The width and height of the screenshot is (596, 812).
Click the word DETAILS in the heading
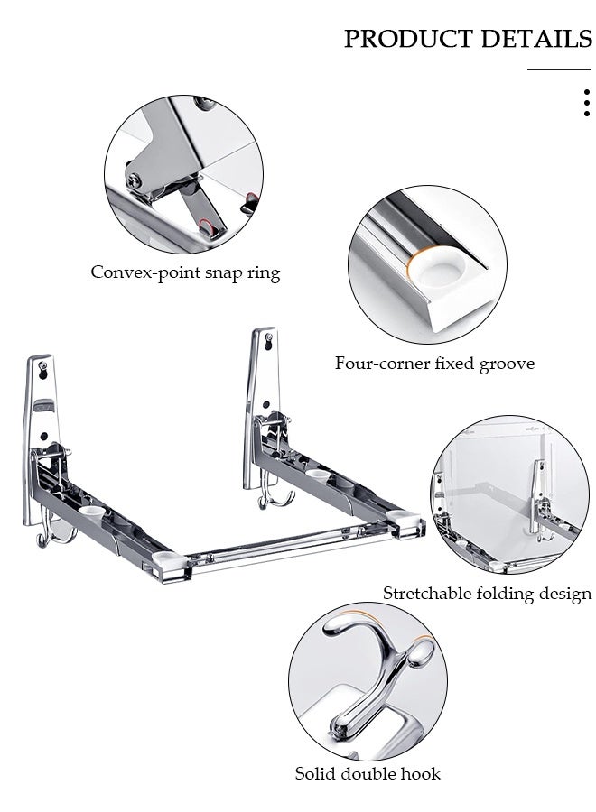click(x=535, y=40)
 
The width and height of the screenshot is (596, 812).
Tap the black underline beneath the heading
click(x=558, y=69)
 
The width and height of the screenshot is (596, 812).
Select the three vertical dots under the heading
click(x=586, y=103)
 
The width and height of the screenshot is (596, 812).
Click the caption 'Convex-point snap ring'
click(x=185, y=272)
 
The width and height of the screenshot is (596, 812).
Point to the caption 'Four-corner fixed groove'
click(x=434, y=364)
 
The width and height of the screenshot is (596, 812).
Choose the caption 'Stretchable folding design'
click(x=487, y=594)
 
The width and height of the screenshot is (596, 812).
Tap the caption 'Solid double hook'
click(x=368, y=773)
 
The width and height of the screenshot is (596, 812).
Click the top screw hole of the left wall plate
click(x=43, y=367)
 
